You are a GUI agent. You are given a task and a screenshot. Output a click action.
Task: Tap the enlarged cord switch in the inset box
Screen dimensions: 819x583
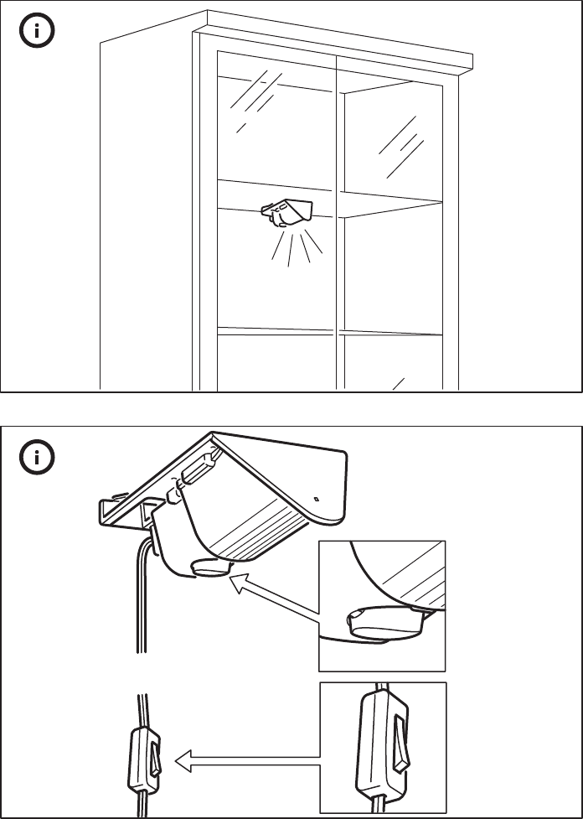click(x=381, y=746)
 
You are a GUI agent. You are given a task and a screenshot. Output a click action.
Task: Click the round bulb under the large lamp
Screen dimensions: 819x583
click(x=211, y=568)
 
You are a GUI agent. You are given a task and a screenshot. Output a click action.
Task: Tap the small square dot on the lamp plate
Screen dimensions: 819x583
click(x=316, y=499)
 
